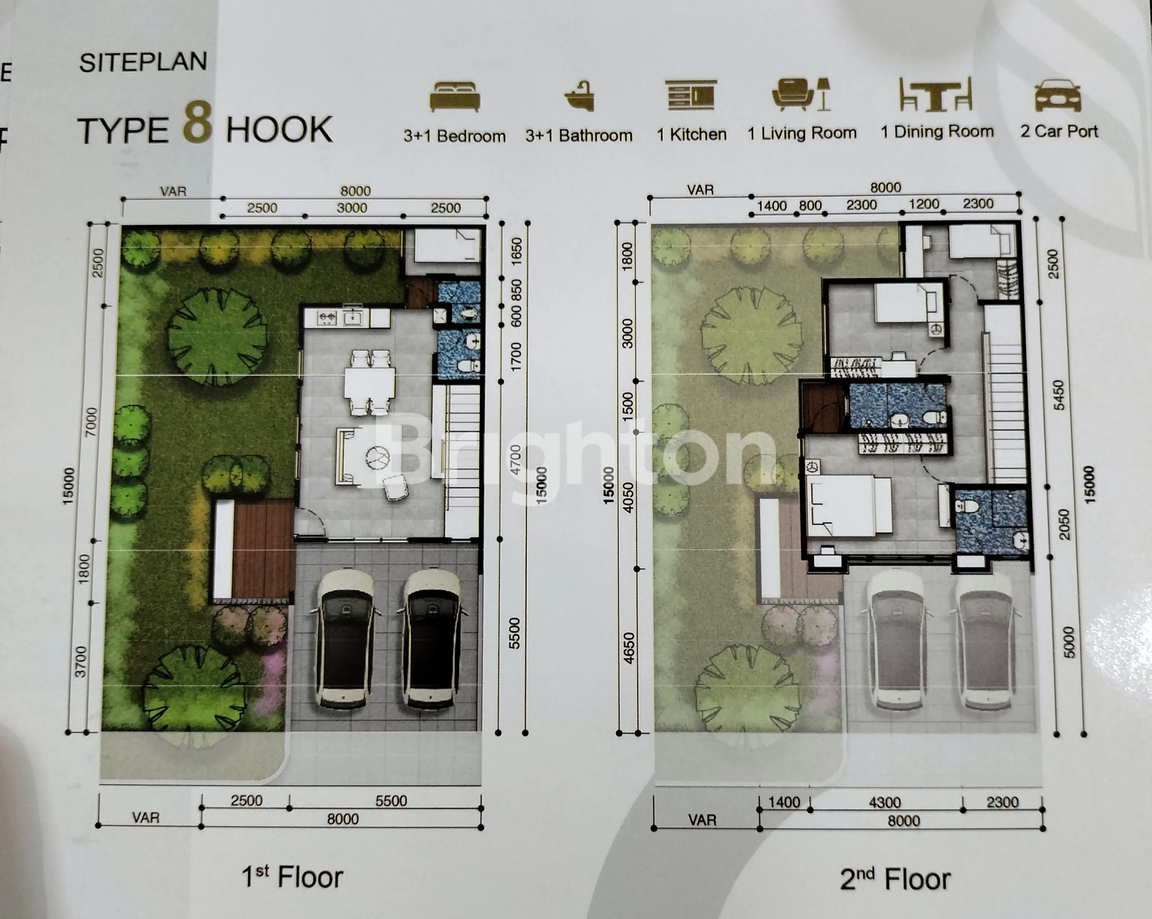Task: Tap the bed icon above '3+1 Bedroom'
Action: (x=455, y=97)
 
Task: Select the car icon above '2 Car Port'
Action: (x=1058, y=96)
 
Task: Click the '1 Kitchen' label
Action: (x=691, y=135)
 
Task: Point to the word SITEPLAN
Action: (x=143, y=63)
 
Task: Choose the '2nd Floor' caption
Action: (x=895, y=879)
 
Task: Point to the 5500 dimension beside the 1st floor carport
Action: (x=514, y=633)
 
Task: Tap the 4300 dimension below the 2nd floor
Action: (x=885, y=802)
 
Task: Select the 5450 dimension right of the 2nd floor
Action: (x=1059, y=395)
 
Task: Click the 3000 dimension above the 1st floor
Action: (x=352, y=208)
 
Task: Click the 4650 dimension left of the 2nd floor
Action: (x=629, y=648)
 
